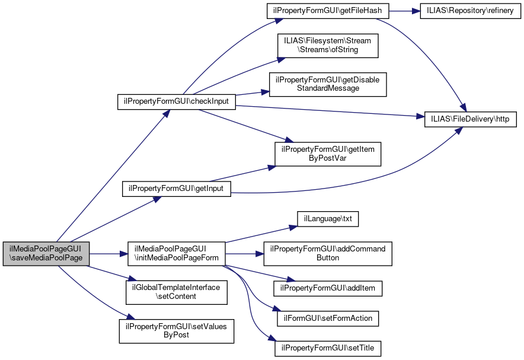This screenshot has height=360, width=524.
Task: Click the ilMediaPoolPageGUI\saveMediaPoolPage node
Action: point(46,253)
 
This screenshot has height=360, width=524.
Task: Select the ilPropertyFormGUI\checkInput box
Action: point(177,102)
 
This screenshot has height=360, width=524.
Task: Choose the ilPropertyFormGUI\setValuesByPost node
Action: point(177,330)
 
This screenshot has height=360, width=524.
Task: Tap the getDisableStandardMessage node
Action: point(328,84)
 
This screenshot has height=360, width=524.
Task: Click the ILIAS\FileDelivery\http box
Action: point(471,119)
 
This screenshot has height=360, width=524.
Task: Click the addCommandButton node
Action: point(328,253)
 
